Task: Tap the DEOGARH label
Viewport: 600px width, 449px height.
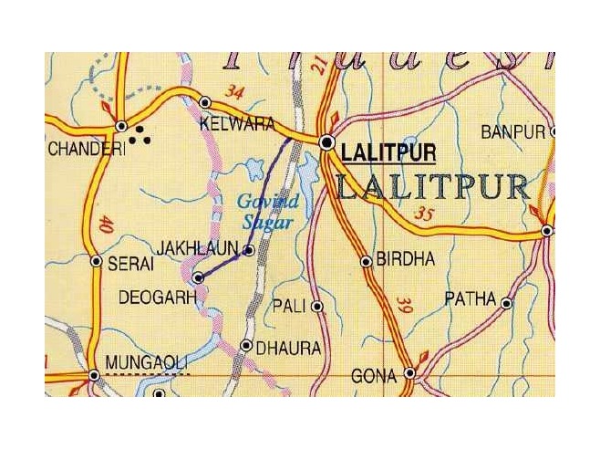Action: pyautogui.click(x=157, y=298)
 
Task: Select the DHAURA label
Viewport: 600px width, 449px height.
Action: pyautogui.click(x=287, y=348)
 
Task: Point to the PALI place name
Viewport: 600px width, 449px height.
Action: pyautogui.click(x=290, y=308)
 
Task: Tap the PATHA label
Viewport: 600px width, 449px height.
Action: pyautogui.click(x=470, y=298)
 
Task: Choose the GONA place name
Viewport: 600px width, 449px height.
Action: pyautogui.click(x=374, y=375)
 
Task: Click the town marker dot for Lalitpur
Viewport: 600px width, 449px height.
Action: pyautogui.click(x=327, y=141)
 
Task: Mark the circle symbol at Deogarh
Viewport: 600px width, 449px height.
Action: pyautogui.click(x=198, y=277)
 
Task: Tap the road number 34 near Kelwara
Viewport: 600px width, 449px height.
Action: pyautogui.click(x=235, y=91)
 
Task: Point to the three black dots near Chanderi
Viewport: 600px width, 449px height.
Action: pyautogui.click(x=140, y=137)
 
